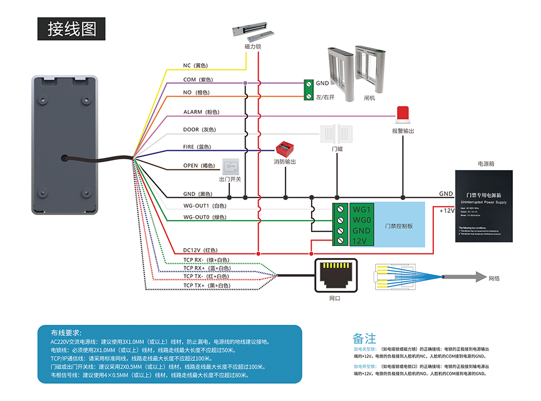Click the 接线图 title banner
(72, 29)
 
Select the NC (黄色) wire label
(195, 65)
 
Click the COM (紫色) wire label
(197, 79)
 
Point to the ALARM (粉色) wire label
(201, 112)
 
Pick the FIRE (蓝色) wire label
(197, 146)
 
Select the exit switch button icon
(230, 166)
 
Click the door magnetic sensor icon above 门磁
(337, 133)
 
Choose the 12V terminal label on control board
(361, 241)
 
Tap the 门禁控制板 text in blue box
(399, 226)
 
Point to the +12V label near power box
(446, 211)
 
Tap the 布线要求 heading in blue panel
(66, 332)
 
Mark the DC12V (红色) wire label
(200, 250)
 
